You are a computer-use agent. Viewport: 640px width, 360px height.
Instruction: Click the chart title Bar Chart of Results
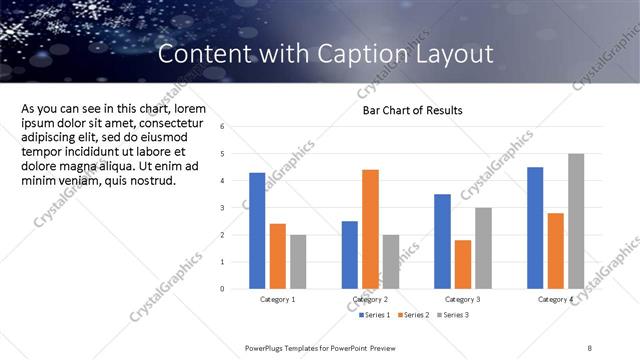point(412,110)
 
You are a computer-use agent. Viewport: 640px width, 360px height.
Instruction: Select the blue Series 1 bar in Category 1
point(257,230)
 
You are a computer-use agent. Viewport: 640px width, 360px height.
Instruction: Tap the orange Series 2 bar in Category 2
point(370,229)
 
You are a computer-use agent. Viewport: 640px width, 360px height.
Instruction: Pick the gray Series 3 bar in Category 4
point(575,221)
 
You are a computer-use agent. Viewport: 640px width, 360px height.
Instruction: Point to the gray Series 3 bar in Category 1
point(299,261)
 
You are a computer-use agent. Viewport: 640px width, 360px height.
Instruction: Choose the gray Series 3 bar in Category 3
point(483,248)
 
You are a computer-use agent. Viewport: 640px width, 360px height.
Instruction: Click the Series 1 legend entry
point(375,315)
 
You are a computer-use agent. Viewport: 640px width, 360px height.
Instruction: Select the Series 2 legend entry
point(415,315)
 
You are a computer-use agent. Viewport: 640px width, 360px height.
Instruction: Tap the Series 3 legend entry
point(455,315)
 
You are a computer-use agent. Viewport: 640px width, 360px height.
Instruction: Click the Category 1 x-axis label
point(277,299)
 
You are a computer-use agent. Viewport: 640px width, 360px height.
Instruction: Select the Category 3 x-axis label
point(463,299)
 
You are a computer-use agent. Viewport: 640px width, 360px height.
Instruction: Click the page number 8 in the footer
point(590,347)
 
